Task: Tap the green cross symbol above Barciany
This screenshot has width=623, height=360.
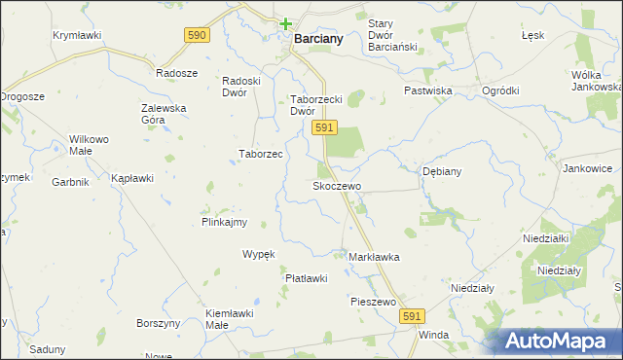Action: (285, 23)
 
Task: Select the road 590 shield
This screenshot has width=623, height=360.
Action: (197, 34)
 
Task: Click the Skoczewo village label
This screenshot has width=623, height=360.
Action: (337, 186)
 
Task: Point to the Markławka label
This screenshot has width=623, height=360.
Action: (374, 257)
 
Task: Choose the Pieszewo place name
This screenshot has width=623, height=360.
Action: (373, 303)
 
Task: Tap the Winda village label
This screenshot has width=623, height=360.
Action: (433, 335)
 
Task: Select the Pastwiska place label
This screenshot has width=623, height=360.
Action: (429, 90)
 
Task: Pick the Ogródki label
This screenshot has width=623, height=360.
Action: (500, 90)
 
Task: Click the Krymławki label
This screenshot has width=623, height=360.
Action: (77, 35)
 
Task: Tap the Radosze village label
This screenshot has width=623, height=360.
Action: (177, 73)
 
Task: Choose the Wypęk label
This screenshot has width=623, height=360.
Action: (259, 254)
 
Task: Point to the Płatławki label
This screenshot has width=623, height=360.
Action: (306, 278)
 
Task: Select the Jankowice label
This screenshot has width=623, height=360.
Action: (587, 168)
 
